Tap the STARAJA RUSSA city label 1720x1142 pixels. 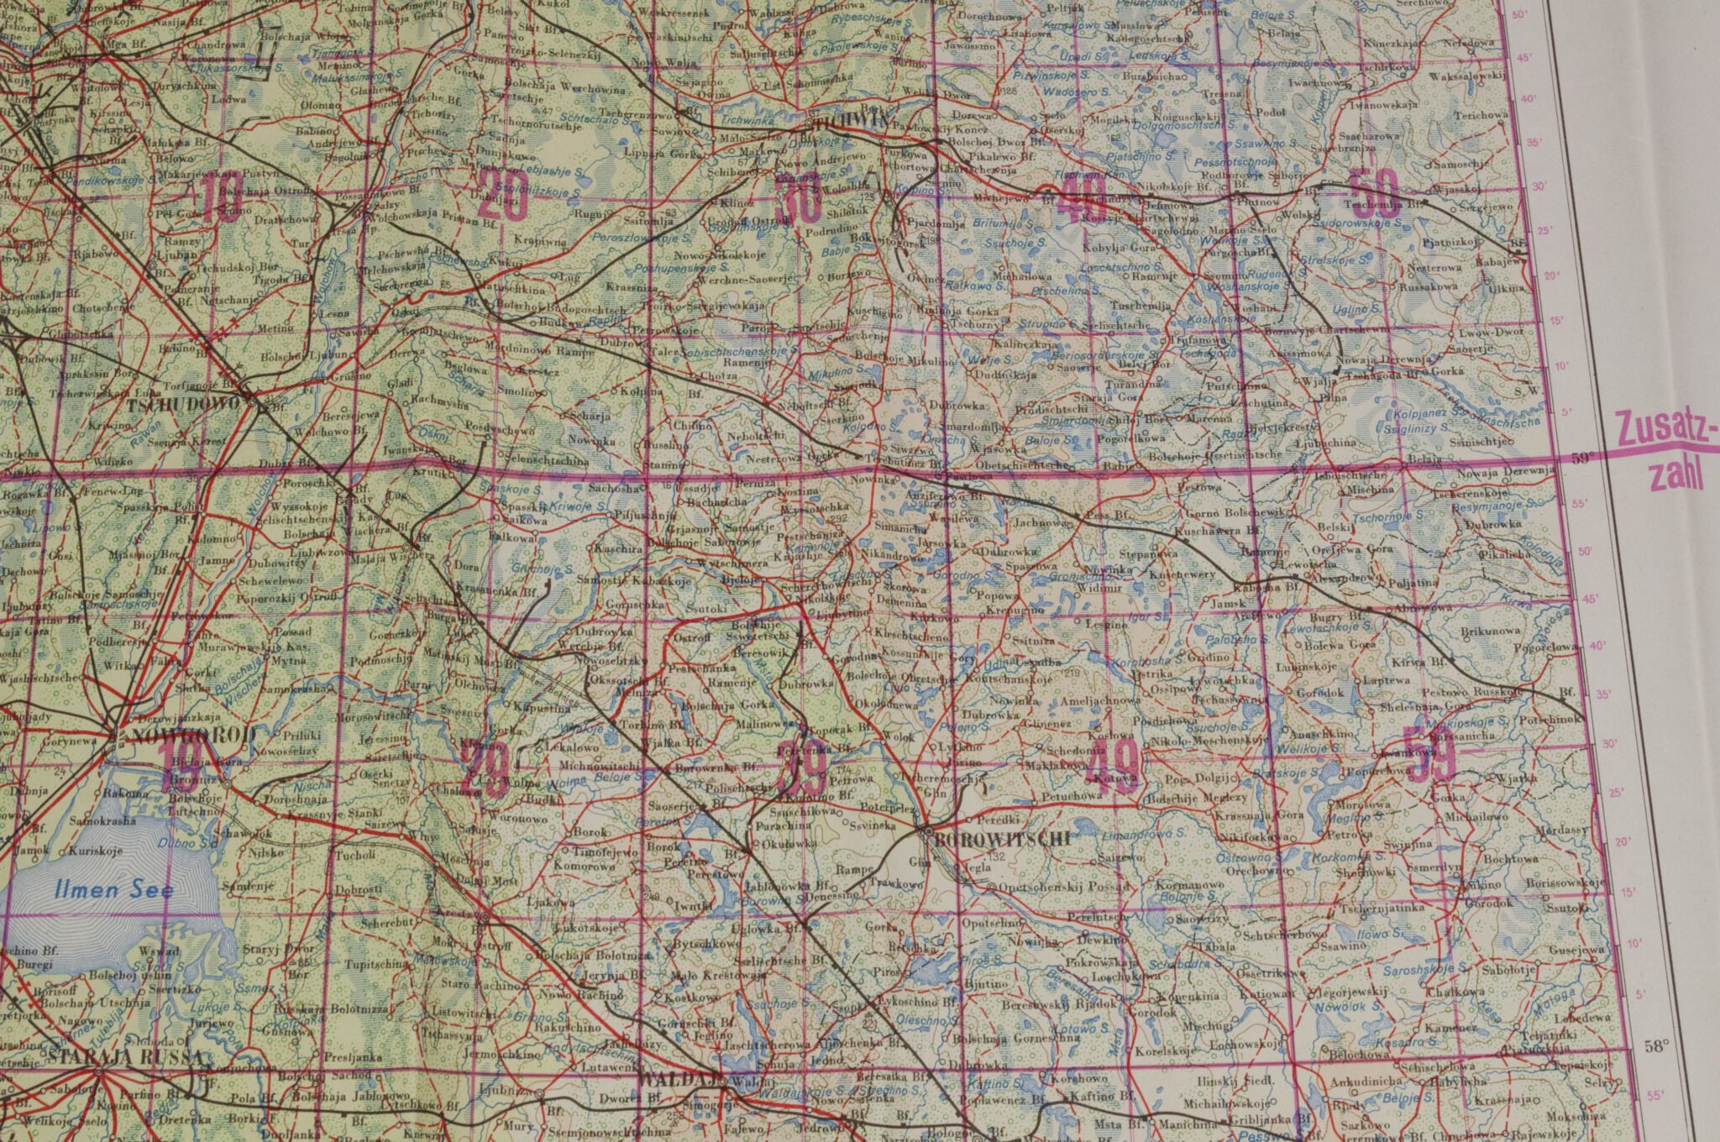click(x=126, y=1056)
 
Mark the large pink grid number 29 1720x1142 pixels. click(x=486, y=765)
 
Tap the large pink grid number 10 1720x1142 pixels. click(x=221, y=199)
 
